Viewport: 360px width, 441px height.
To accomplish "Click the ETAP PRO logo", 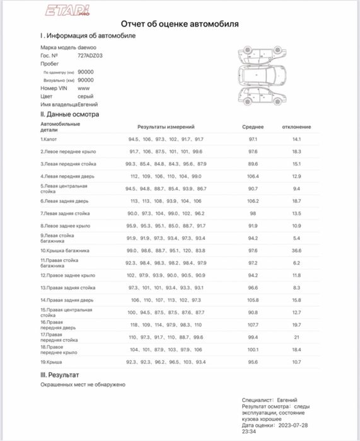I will pos(67,11).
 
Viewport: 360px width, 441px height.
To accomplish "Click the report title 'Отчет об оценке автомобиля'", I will pos(180,24).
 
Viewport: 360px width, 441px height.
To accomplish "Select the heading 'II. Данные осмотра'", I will pos(69,115).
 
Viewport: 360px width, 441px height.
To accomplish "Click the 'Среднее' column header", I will pos(253,127).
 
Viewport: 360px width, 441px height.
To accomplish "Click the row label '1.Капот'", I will pos(49,139).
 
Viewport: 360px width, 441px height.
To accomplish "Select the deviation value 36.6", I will pos(296,250).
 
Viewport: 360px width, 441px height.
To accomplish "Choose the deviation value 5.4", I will pos(296,238).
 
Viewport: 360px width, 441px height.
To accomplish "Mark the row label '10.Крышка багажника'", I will pos(65,250).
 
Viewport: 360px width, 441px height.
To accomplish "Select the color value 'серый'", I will pos(86,97).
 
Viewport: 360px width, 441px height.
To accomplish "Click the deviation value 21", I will pos(296,337).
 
